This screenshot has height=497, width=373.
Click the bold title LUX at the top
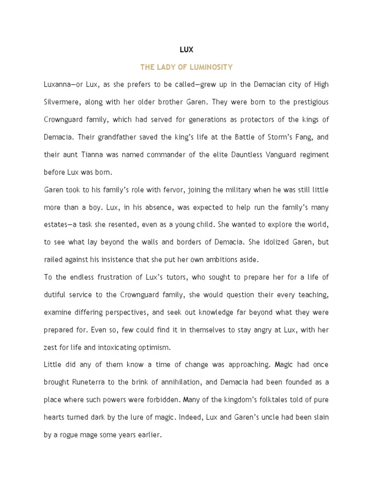coord(186,50)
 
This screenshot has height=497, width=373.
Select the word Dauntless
coord(232,155)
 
